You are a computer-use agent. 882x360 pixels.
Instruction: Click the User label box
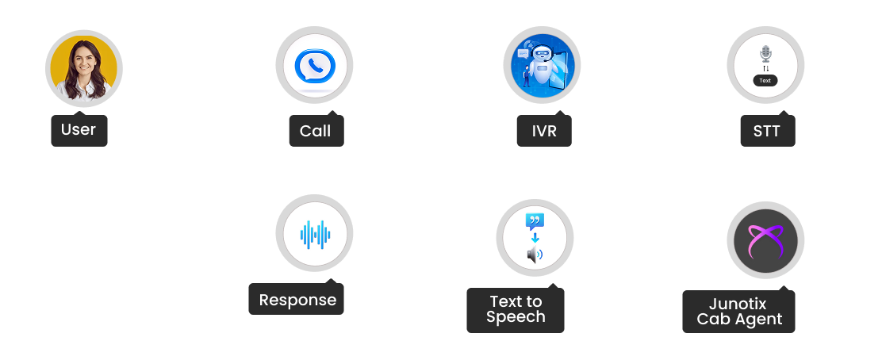click(79, 131)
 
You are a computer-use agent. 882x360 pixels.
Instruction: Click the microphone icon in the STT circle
click(765, 54)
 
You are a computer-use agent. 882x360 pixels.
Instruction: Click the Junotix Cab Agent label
click(739, 312)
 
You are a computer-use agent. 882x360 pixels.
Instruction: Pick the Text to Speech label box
click(516, 309)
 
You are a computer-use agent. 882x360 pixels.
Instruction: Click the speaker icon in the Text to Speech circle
click(535, 255)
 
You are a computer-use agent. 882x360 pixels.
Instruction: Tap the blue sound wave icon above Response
click(315, 235)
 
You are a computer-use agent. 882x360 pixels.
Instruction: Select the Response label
click(297, 301)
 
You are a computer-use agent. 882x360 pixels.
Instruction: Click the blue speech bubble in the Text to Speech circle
click(535, 221)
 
